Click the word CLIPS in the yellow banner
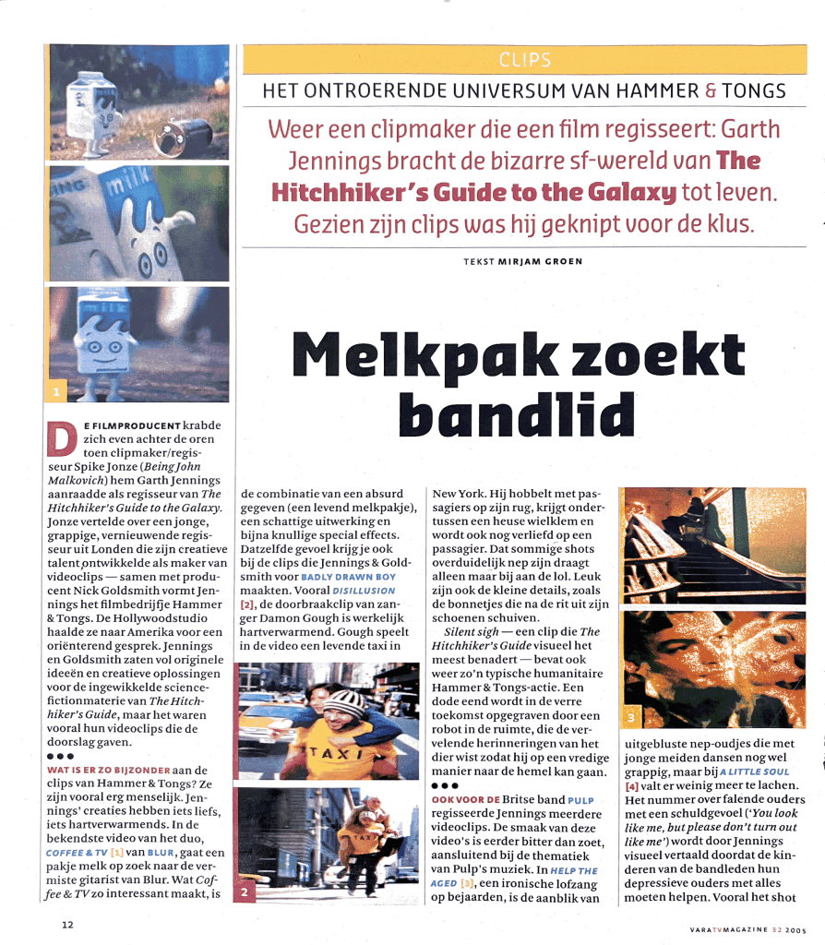point(524,61)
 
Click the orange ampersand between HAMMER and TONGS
point(711,90)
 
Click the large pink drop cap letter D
point(62,440)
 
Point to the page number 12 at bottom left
point(68,925)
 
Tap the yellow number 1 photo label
point(56,393)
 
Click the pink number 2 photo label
point(245,893)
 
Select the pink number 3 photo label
point(630,717)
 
